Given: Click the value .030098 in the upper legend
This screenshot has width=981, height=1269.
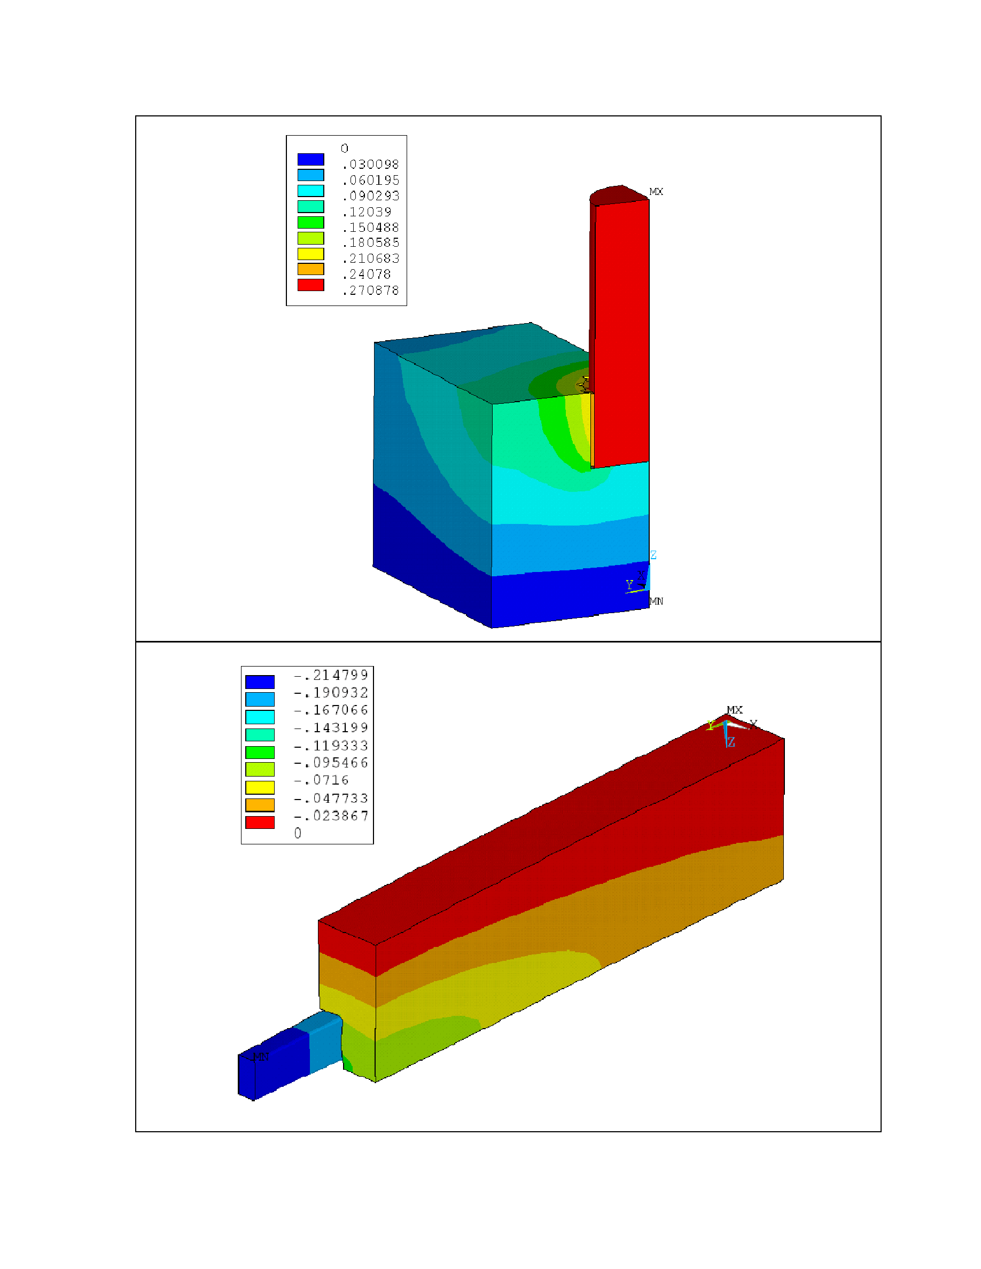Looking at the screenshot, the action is click(371, 164).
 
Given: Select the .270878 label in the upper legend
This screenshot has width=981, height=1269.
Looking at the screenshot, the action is click(371, 291).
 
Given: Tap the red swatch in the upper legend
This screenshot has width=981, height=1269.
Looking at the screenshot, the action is click(311, 285).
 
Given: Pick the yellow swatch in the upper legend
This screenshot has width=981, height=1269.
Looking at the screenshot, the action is click(311, 254).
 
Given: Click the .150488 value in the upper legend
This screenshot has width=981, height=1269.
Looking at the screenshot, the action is click(371, 227).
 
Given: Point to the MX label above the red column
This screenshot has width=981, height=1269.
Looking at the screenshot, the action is click(656, 192).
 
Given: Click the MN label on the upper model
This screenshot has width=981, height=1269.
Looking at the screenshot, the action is click(656, 601).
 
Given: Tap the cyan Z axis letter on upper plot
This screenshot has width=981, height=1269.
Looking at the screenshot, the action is click(653, 555).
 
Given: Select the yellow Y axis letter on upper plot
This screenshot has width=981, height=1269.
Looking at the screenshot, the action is click(629, 584).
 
